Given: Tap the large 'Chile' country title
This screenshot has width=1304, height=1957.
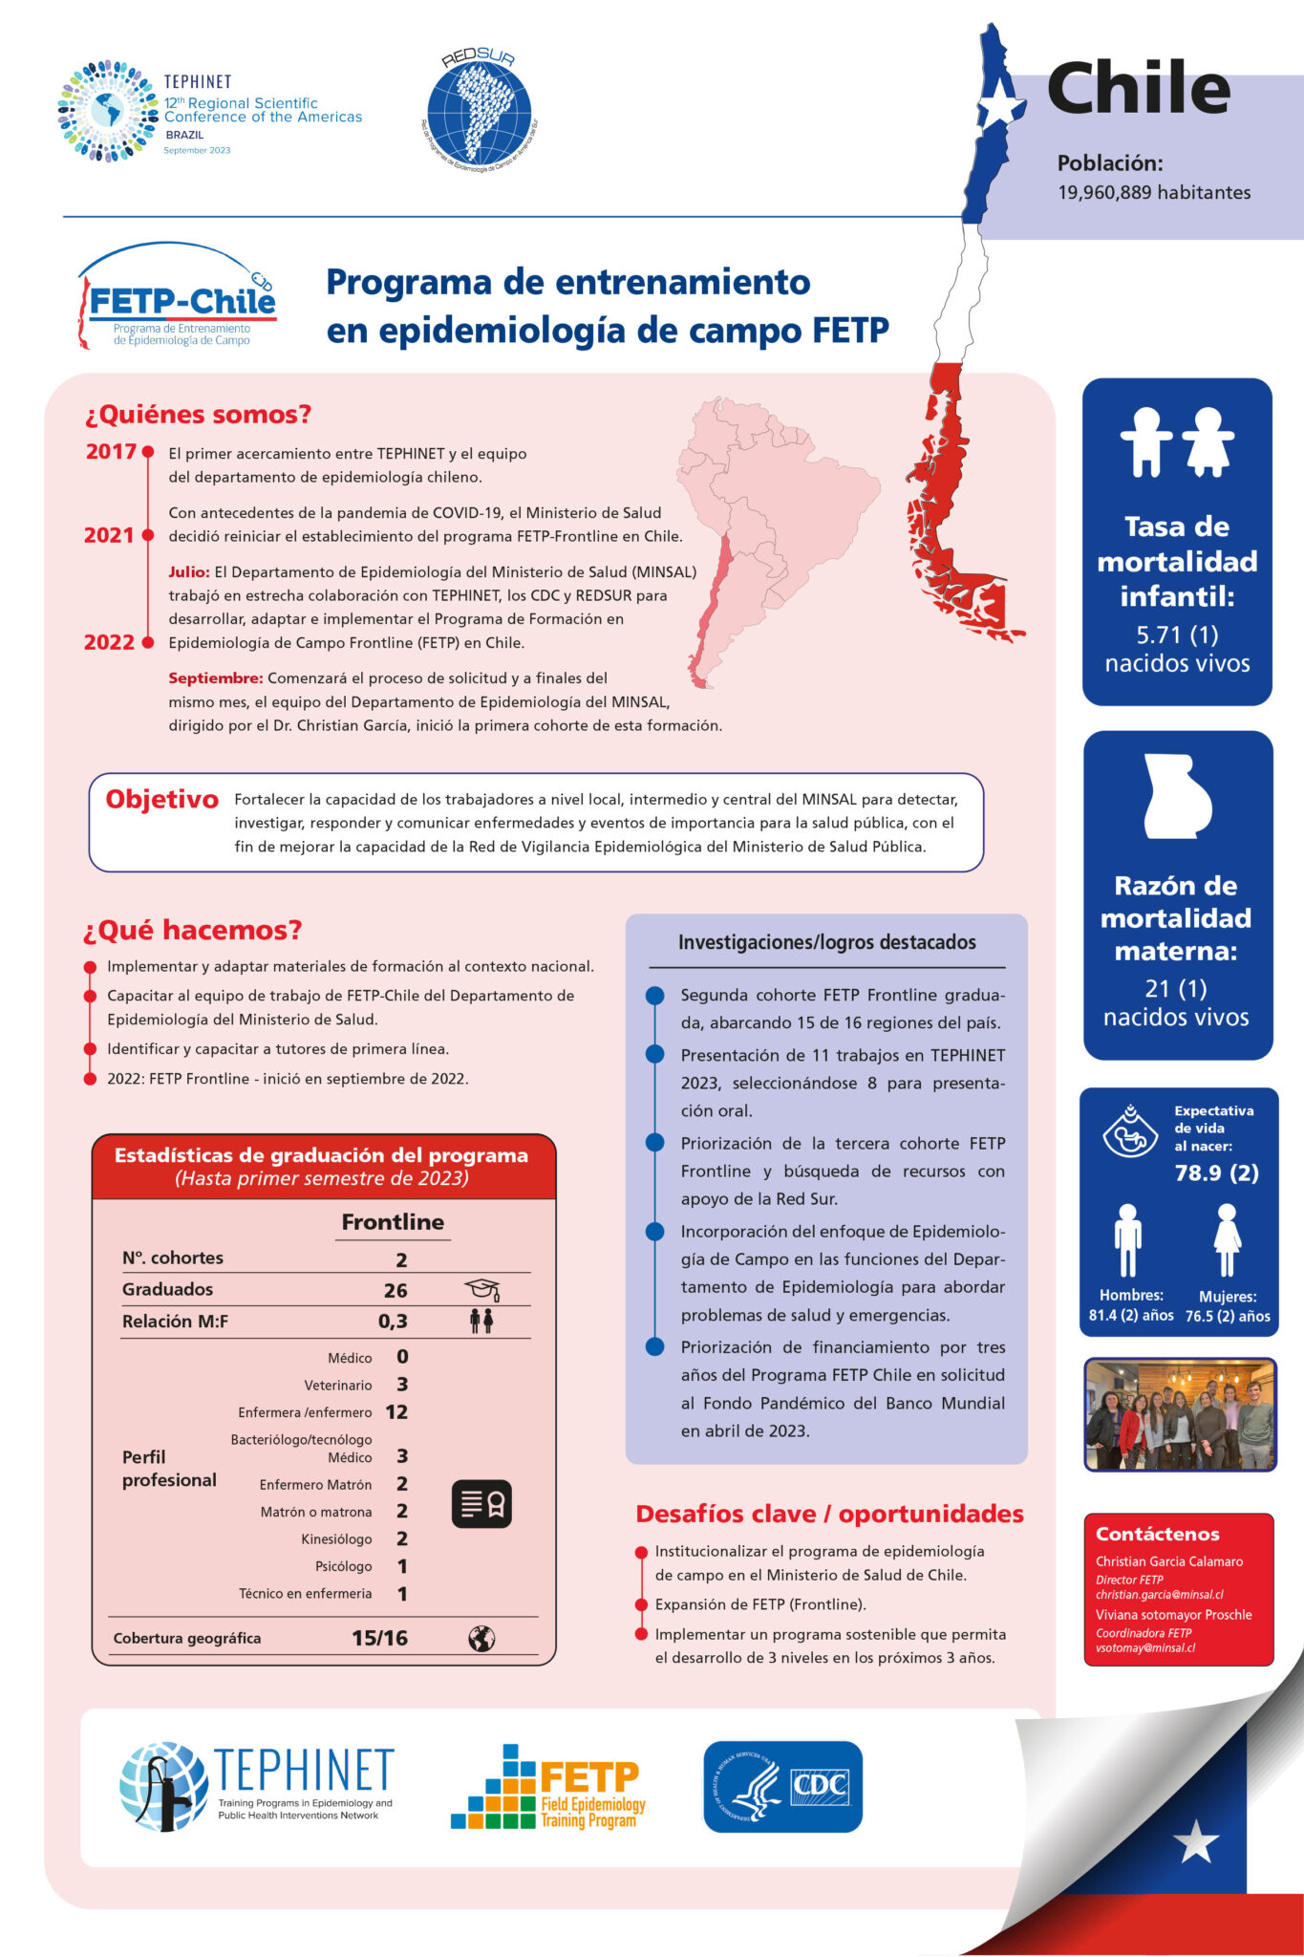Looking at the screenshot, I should coord(1138,88).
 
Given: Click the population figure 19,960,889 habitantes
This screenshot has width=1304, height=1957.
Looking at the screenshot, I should coord(1153,192).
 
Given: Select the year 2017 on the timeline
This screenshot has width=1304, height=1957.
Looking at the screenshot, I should coord(111,451).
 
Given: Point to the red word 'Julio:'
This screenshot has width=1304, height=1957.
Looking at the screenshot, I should coord(189,571).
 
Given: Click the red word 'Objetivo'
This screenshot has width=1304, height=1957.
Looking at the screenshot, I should coord(161,799).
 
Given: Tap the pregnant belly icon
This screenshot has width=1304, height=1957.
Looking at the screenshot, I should coord(1178,796).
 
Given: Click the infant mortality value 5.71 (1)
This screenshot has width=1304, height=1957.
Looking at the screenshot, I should coord(1177,634).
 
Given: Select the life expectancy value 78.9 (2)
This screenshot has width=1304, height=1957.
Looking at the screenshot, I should coord(1216,1172).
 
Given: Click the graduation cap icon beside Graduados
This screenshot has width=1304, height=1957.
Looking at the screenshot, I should coord(481,1290).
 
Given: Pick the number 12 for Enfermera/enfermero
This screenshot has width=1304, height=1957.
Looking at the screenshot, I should coord(396,1411).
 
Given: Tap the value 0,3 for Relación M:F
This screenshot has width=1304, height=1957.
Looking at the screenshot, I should coord(393,1322).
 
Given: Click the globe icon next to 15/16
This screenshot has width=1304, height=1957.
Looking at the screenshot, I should coord(481,1638).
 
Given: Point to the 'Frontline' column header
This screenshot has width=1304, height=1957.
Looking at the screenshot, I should coord(393,1221).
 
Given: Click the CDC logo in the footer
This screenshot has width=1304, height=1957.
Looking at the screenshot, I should coord(782,1786).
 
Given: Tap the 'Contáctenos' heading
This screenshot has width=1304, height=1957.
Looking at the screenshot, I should coord(1157,1534).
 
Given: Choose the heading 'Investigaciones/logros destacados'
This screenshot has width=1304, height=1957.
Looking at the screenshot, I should coord(826,942).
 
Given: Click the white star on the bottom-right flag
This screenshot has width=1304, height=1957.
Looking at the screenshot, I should coord(1196,1840).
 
